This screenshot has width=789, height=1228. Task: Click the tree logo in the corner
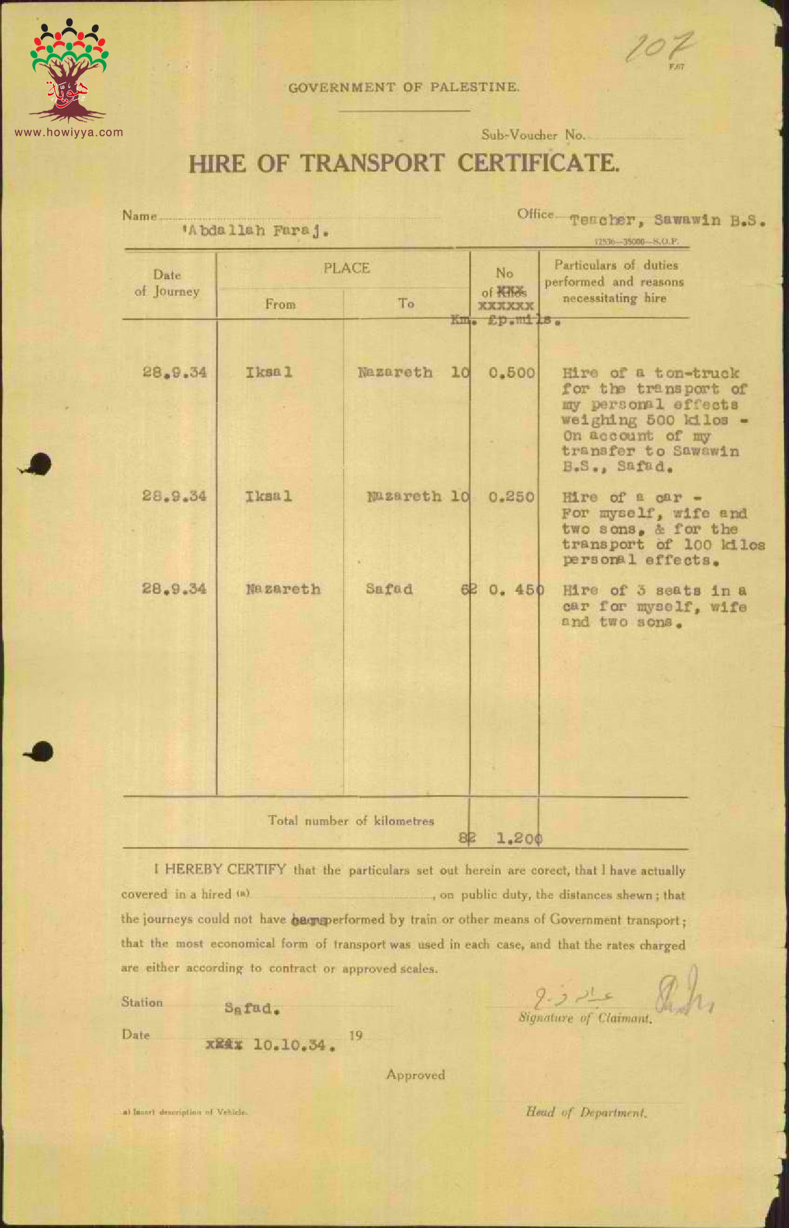point(69,71)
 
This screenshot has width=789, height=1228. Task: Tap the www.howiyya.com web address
point(69,132)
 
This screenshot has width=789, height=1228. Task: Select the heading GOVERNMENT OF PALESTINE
point(403,87)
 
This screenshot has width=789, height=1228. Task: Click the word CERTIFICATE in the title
point(538,163)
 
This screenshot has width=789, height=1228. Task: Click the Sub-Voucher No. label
point(533,135)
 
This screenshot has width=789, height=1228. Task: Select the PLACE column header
point(346,268)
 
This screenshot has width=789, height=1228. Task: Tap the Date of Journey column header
point(167,283)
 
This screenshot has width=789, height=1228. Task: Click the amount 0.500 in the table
point(511,373)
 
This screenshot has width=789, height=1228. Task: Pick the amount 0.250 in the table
point(511,497)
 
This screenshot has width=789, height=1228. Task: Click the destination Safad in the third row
point(389,589)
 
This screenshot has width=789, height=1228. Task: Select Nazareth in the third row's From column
point(283,589)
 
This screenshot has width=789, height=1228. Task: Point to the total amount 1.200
point(519,839)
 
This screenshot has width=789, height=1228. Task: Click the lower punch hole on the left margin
point(41,752)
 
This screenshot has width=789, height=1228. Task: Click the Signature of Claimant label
point(585,1018)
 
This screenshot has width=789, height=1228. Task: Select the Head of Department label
point(586,1112)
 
